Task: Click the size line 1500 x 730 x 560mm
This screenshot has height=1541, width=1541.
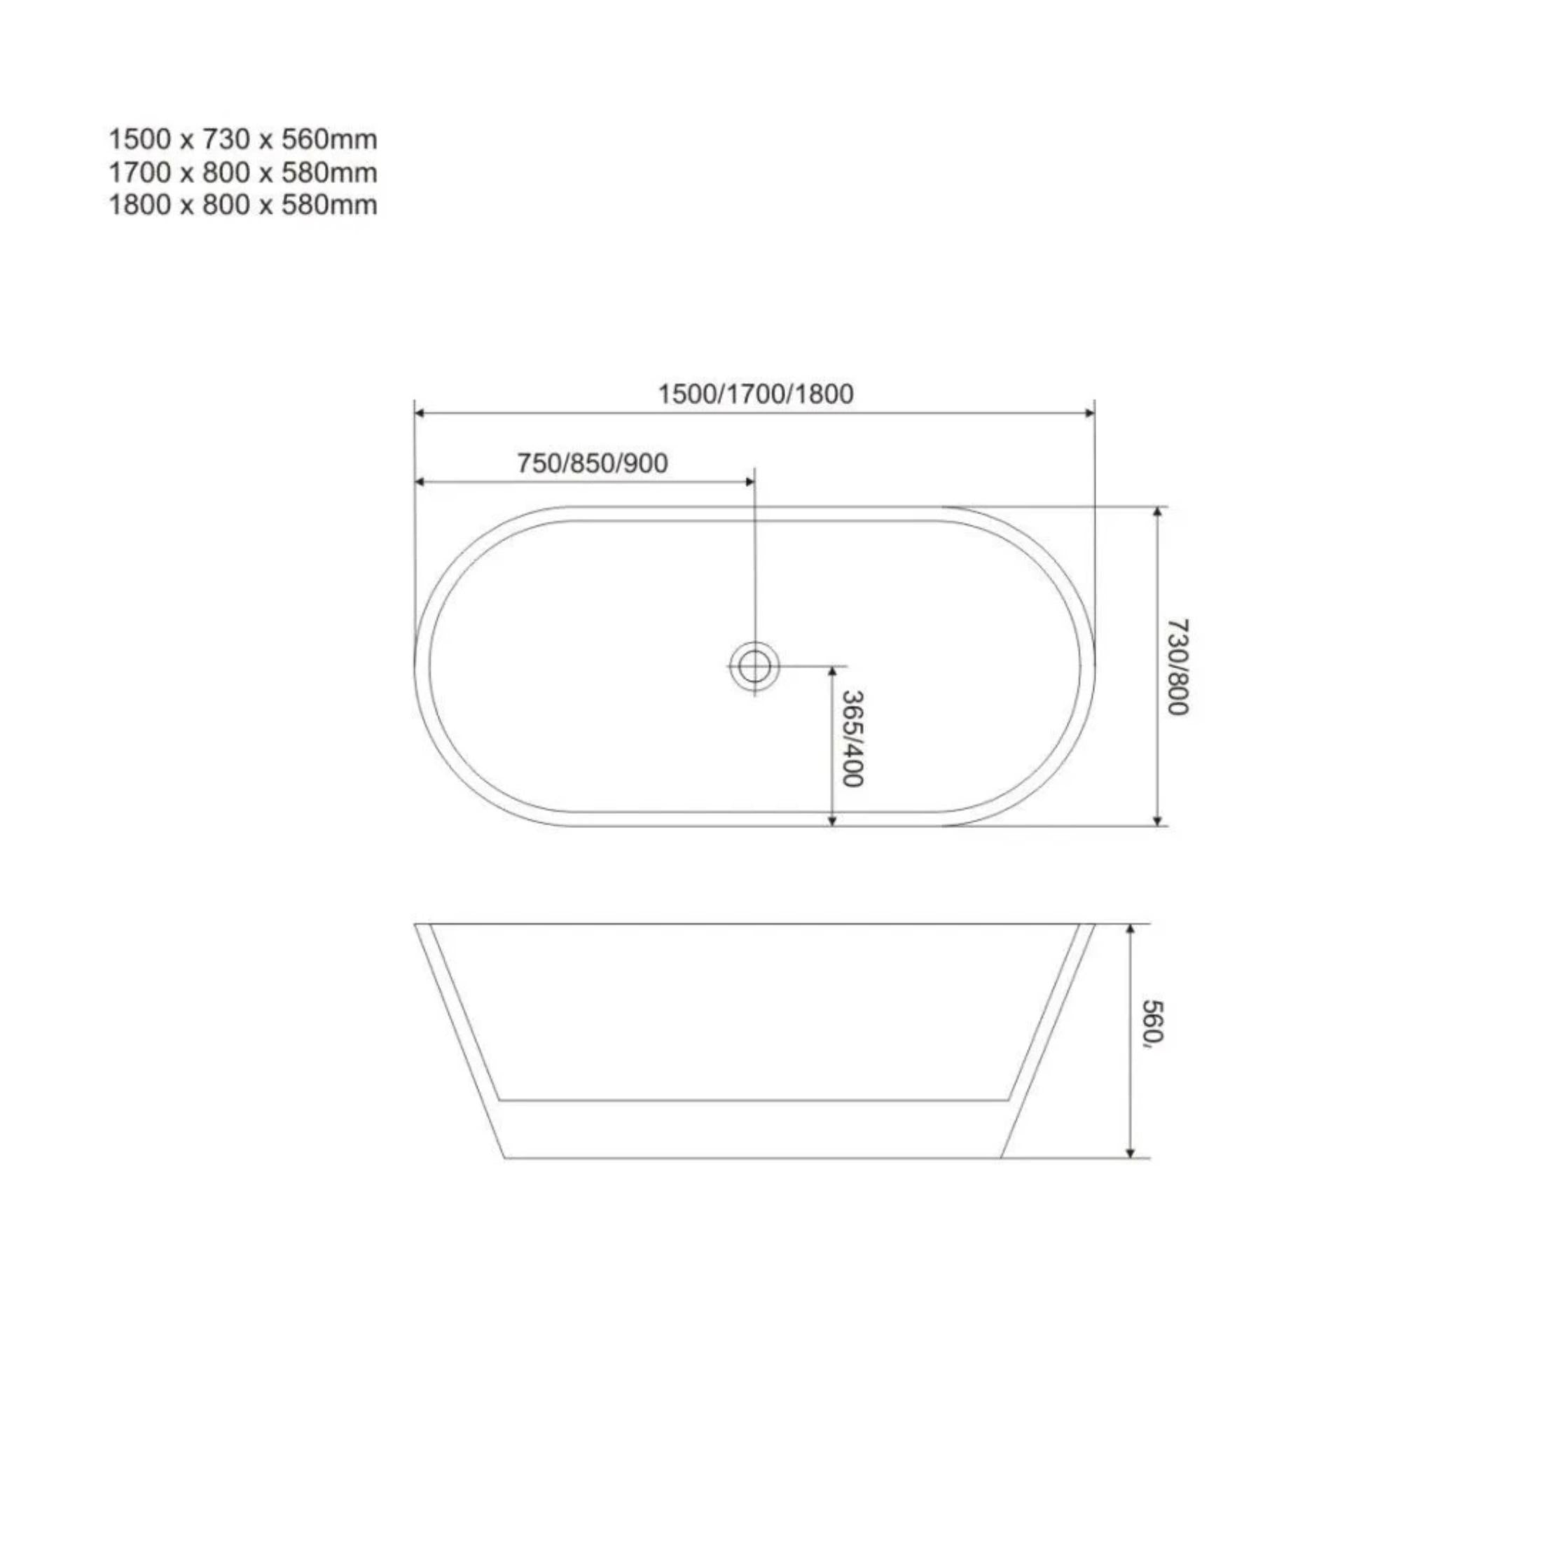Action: click(242, 140)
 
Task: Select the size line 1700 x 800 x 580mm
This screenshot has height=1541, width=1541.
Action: click(242, 173)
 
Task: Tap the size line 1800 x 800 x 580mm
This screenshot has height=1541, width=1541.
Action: click(242, 206)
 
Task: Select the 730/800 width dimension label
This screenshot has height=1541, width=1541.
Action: click(1178, 667)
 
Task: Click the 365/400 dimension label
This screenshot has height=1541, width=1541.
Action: click(852, 738)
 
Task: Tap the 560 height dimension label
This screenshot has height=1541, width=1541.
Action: click(1154, 1025)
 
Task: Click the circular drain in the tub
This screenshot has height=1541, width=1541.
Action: click(753, 666)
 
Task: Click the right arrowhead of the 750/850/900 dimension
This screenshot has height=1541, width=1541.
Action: click(749, 482)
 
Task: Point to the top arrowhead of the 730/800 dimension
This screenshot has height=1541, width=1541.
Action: click(1157, 512)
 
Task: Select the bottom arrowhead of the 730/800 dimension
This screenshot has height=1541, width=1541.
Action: click(1157, 821)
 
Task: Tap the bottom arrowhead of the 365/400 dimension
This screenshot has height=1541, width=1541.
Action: click(832, 821)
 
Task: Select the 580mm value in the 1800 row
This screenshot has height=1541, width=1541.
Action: click(329, 206)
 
